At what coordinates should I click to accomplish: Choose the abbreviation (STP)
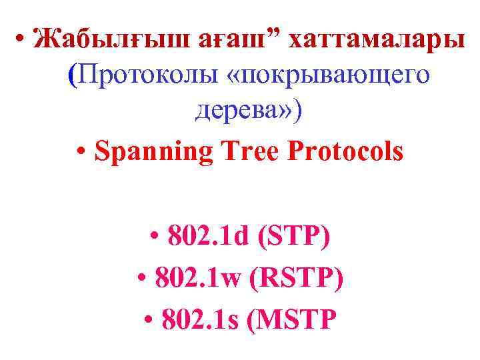[x=291, y=237]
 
